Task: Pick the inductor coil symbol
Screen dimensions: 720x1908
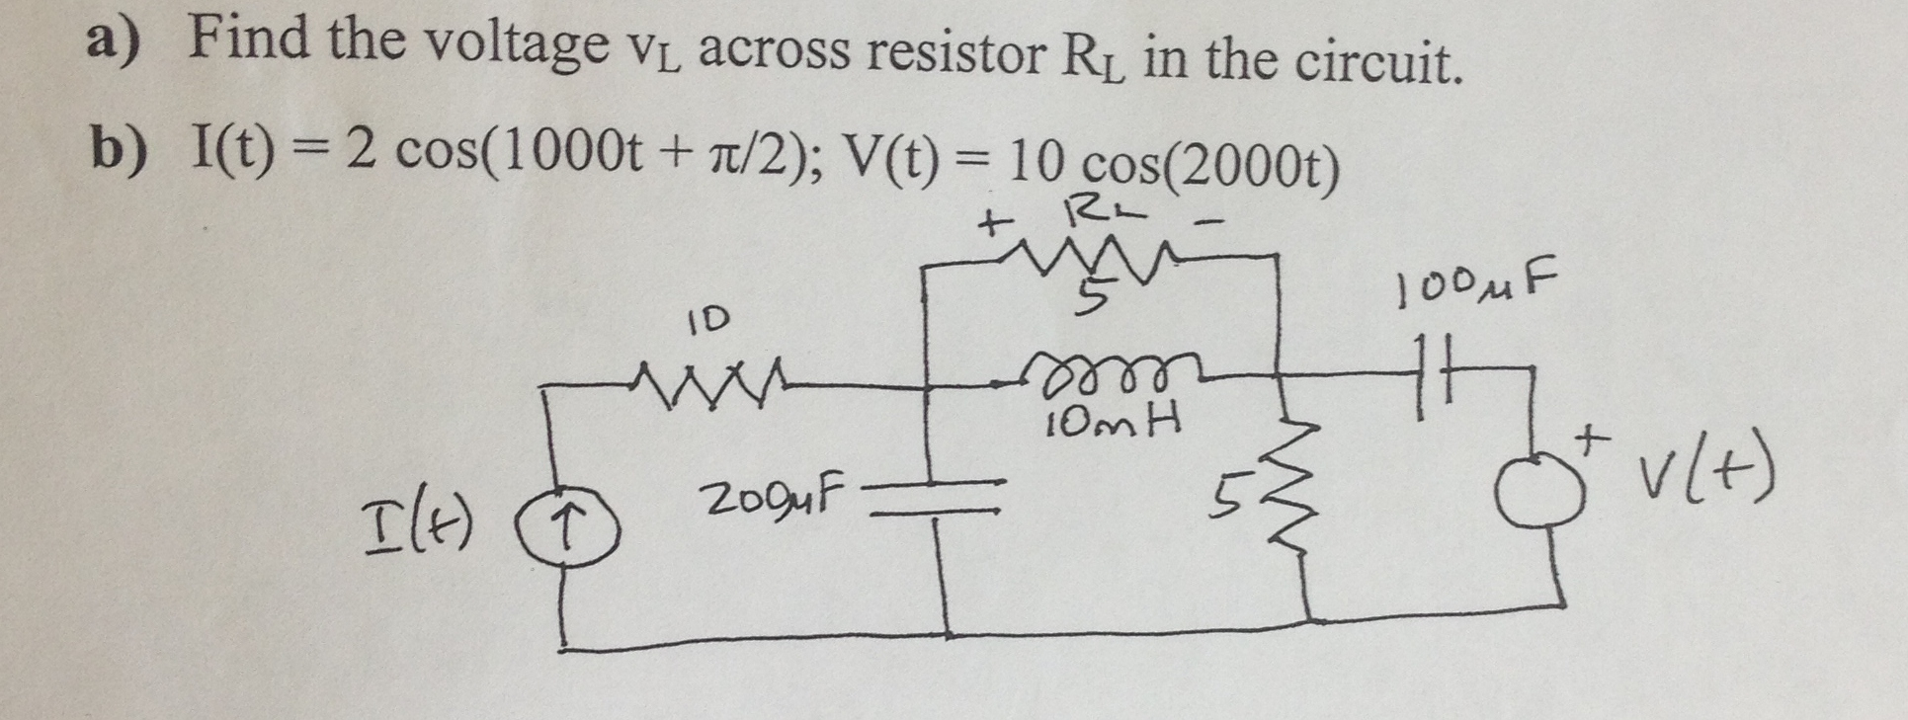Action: [1103, 371]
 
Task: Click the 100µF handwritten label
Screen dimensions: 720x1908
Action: [1471, 287]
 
